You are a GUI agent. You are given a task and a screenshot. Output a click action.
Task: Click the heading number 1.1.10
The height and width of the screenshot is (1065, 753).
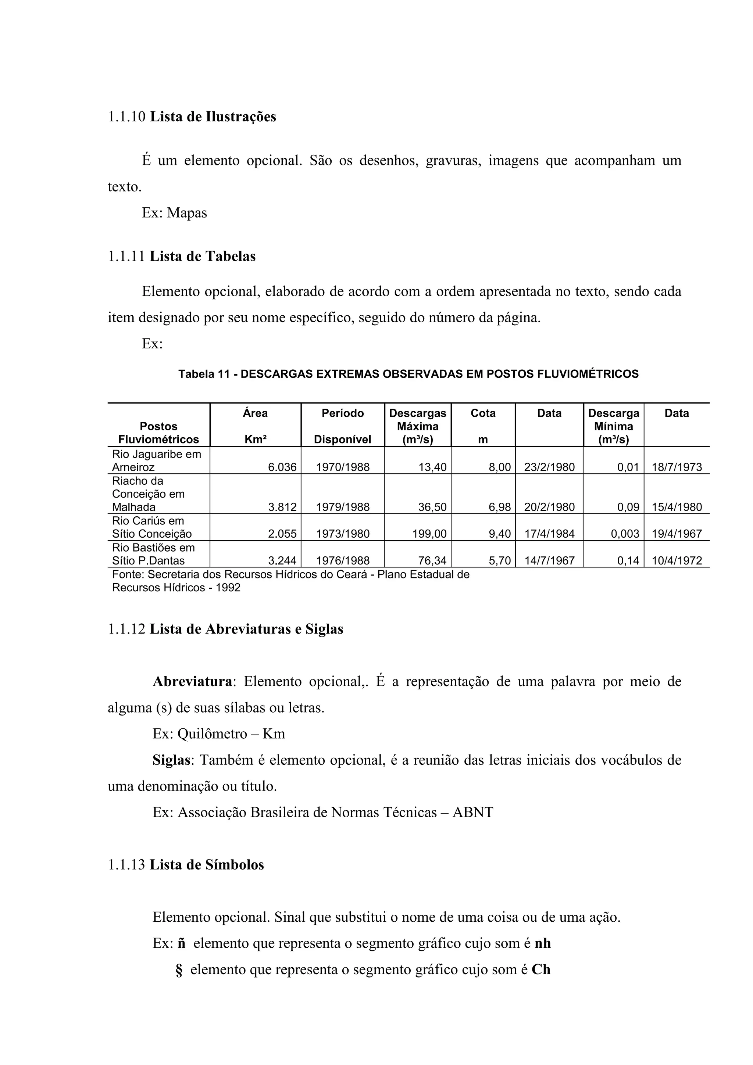click(126, 117)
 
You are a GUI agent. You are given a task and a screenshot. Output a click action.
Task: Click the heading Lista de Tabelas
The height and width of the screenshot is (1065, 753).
click(202, 257)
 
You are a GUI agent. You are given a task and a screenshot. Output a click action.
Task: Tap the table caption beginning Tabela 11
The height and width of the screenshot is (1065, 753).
click(408, 374)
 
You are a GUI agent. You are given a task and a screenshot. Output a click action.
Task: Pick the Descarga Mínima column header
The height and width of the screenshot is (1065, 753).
click(613, 426)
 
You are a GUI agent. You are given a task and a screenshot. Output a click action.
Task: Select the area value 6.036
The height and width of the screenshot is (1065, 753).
click(282, 467)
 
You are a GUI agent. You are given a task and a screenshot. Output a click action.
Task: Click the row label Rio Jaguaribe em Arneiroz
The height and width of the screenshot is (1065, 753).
click(156, 460)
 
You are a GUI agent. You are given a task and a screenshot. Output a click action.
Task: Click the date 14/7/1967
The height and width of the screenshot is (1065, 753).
click(549, 561)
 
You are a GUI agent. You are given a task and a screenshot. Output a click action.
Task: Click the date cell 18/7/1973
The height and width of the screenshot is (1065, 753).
click(677, 467)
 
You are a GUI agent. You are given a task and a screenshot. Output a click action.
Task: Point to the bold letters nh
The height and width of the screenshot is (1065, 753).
click(542, 943)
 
